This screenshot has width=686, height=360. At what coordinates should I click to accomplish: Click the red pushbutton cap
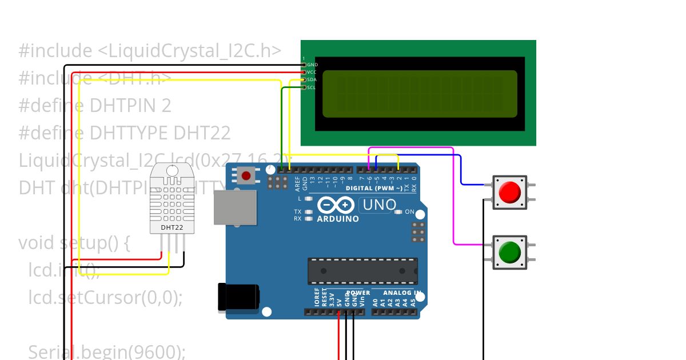(x=510, y=192)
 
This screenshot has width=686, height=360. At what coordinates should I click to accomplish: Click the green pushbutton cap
(x=510, y=252)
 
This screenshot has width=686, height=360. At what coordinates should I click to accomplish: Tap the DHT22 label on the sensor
(x=172, y=227)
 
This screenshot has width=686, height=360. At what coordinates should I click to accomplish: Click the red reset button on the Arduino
(x=246, y=175)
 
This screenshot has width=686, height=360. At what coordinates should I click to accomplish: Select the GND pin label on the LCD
(x=312, y=65)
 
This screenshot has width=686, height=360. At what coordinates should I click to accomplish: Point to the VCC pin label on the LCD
(x=312, y=73)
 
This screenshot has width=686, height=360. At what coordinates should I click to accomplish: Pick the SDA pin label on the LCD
(x=312, y=80)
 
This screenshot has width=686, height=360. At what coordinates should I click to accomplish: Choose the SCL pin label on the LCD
(x=311, y=87)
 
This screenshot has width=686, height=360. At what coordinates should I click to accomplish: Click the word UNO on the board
(x=380, y=205)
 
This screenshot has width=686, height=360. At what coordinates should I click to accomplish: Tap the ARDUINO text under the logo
(x=338, y=219)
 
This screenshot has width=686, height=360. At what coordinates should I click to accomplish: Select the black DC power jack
(x=238, y=298)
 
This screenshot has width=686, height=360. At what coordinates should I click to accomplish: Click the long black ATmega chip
(x=362, y=271)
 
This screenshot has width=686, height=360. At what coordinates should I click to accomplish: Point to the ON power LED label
(x=409, y=212)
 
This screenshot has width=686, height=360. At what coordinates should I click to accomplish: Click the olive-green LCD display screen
(x=420, y=94)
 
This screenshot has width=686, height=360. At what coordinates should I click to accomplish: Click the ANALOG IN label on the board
(x=402, y=293)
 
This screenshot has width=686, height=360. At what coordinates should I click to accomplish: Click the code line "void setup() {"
(x=75, y=243)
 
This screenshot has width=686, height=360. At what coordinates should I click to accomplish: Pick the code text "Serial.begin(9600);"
(x=107, y=352)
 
